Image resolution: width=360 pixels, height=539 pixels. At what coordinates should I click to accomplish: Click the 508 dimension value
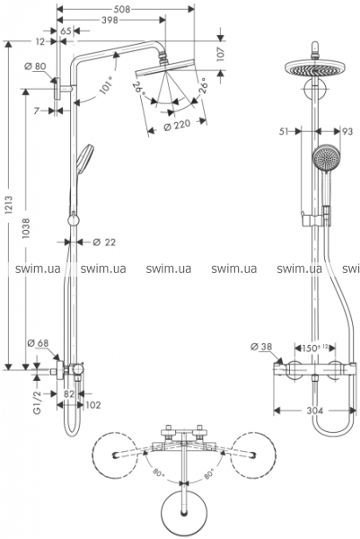pyautogui.click(x=122, y=9)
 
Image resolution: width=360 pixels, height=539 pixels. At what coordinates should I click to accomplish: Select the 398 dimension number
pyautogui.click(x=110, y=21)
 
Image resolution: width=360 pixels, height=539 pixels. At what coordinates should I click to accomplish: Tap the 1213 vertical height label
pyautogui.click(x=9, y=205)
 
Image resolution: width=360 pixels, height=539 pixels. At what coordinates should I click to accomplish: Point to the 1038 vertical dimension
pyautogui.click(x=26, y=228)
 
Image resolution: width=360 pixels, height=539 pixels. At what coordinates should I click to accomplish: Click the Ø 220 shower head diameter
pyautogui.click(x=177, y=125)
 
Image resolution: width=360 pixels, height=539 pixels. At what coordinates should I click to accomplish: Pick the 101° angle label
pyautogui.click(x=107, y=85)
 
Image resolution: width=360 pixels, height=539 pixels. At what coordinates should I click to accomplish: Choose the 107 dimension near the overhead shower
pyautogui.click(x=220, y=54)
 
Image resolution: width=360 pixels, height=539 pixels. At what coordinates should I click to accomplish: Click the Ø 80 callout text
pyautogui.click(x=35, y=66)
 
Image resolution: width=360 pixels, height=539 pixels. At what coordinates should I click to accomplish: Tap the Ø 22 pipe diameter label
pyautogui.click(x=104, y=243)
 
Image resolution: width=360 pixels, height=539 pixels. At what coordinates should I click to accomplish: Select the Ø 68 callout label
pyautogui.click(x=38, y=343)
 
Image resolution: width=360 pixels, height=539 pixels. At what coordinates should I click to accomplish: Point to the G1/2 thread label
pyautogui.click(x=37, y=402)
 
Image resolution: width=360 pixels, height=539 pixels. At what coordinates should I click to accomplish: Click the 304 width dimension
pyautogui.click(x=314, y=411)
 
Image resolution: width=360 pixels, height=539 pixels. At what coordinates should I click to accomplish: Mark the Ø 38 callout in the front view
pyautogui.click(x=261, y=347)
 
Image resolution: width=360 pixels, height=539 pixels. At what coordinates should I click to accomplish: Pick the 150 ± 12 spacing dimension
pyautogui.click(x=312, y=348)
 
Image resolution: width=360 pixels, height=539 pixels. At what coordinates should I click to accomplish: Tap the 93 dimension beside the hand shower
pyautogui.click(x=347, y=131)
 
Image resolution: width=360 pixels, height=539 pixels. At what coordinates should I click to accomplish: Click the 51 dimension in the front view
pyautogui.click(x=284, y=131)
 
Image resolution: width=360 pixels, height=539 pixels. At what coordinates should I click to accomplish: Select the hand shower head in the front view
pyautogui.click(x=326, y=158)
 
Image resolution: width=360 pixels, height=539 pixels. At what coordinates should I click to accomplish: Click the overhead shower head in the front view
pyautogui.click(x=314, y=68)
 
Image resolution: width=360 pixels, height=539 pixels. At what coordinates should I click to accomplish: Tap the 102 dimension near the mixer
pyautogui.click(x=93, y=405)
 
